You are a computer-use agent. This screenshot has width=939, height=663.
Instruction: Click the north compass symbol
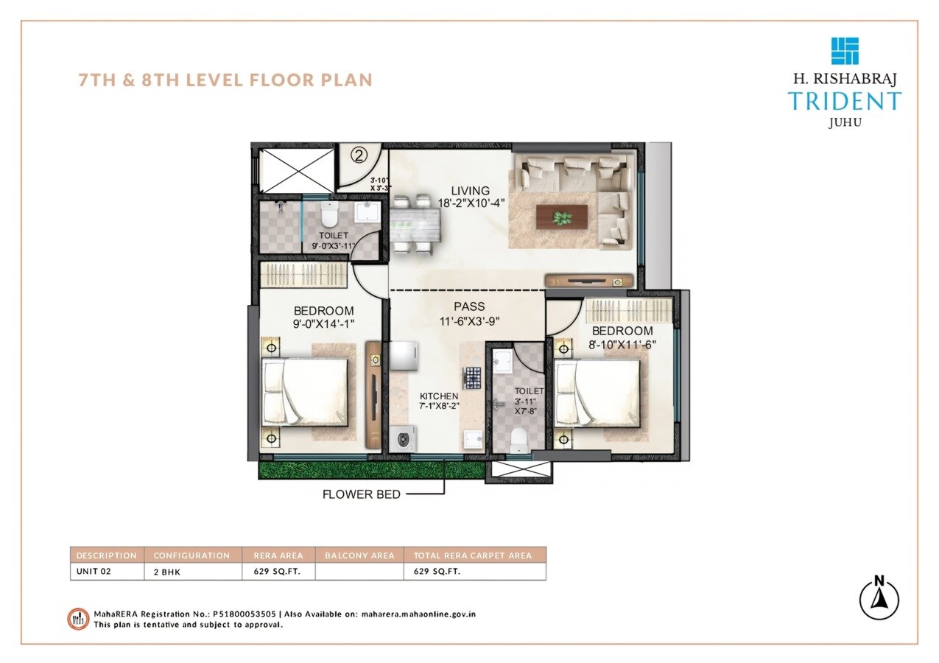pos(879,597)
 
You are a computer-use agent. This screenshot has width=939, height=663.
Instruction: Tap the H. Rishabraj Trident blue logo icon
pos(845,51)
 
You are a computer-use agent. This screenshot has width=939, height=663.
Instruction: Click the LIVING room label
pos(454,191)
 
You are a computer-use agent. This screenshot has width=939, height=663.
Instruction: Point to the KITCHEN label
pos(439,396)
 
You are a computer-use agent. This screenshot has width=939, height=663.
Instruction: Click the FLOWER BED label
pos(362,494)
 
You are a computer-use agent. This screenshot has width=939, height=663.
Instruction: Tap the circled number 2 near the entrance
pos(359,155)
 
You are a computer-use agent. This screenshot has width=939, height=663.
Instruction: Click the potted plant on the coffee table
pos(563,218)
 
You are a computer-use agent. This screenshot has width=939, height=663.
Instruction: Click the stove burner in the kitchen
pos(472,377)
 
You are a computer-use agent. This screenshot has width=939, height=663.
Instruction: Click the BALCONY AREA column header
pos(359,555)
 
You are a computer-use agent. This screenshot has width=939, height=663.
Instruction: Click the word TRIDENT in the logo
pos(844,102)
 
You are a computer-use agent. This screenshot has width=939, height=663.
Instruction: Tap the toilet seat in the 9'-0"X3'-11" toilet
pos(329,217)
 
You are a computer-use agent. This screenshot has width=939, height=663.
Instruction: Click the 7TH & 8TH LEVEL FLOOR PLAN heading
pos(226,80)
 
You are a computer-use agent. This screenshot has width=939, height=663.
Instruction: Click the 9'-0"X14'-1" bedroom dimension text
pos(323,324)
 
